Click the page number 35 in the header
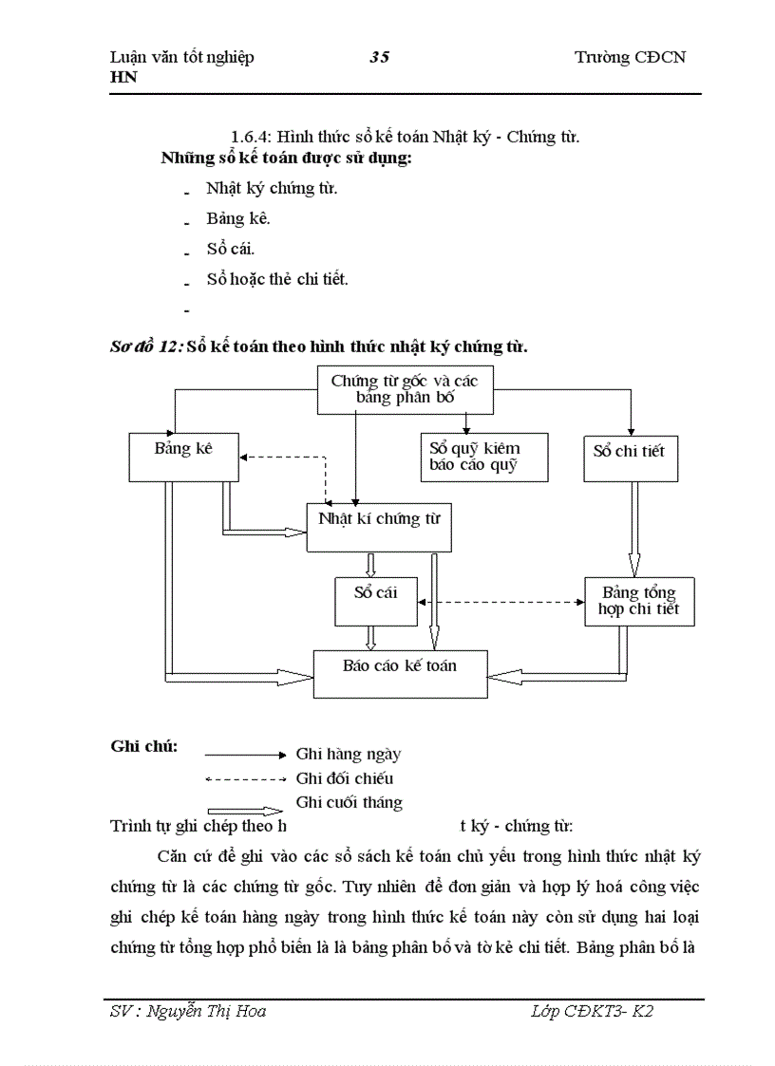[379, 57]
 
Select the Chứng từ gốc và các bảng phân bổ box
[404, 389]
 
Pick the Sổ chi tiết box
[629, 456]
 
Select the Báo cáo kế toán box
[400, 673]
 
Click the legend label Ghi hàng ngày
[348, 755]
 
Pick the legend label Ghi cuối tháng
[349, 803]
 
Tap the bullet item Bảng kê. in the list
[238, 218]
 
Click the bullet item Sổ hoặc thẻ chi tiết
[277, 279]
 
